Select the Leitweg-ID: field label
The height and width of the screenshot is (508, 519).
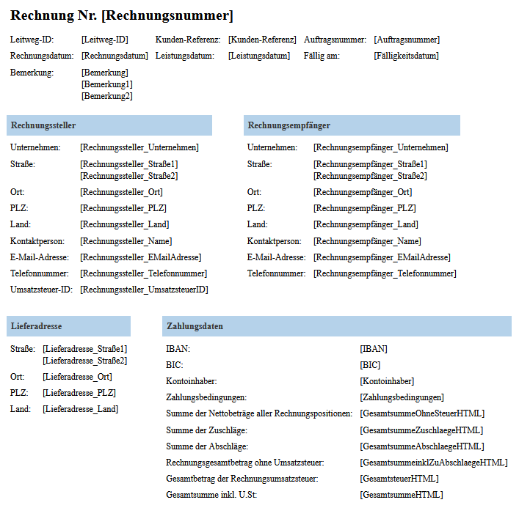(x=32, y=40)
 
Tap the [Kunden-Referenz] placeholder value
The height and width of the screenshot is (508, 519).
(x=262, y=40)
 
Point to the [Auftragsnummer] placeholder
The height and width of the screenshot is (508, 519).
(x=407, y=40)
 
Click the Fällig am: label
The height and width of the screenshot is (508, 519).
(x=322, y=56)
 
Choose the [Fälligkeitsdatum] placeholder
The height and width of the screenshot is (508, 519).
(x=406, y=56)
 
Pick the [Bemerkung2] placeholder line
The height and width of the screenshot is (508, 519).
(x=107, y=96)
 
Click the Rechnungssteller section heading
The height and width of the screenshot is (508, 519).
(x=43, y=125)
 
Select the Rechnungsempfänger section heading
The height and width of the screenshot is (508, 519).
(x=289, y=125)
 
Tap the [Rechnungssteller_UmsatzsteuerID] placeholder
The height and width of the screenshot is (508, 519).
(x=144, y=290)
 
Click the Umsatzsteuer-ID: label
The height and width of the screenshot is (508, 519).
(x=41, y=290)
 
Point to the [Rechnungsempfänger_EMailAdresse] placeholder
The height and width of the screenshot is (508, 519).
(x=382, y=257)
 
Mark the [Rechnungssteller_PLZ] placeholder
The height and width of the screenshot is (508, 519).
(x=123, y=208)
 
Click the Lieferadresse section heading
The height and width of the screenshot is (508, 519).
(x=36, y=326)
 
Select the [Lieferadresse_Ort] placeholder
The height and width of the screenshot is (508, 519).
(x=77, y=377)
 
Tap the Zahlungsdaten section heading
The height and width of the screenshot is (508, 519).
(x=195, y=326)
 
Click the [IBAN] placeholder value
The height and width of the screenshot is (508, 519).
(x=374, y=349)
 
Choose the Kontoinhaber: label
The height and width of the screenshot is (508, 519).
(x=192, y=381)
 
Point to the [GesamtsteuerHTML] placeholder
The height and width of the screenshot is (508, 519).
(x=399, y=479)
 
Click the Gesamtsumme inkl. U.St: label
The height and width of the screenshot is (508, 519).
(x=212, y=495)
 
